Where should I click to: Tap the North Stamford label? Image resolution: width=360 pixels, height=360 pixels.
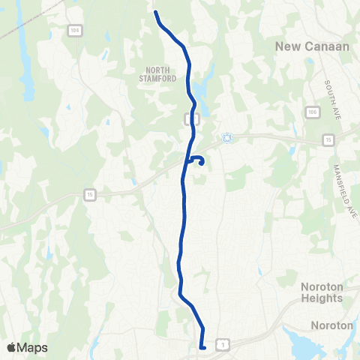tap(157, 73)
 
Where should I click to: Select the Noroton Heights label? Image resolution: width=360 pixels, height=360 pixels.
tap(322, 292)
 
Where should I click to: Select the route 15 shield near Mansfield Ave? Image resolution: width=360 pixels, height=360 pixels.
tap(328, 139)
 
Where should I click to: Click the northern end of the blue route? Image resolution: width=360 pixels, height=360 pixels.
tap(156, 13)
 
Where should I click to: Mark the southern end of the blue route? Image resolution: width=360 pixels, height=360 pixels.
tap(203, 346)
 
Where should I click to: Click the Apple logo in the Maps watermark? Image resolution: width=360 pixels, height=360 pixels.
tap(12, 347)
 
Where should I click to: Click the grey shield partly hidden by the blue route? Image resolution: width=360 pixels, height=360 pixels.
tap(190, 118)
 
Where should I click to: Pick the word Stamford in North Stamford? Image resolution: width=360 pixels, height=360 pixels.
tap(157, 78)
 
